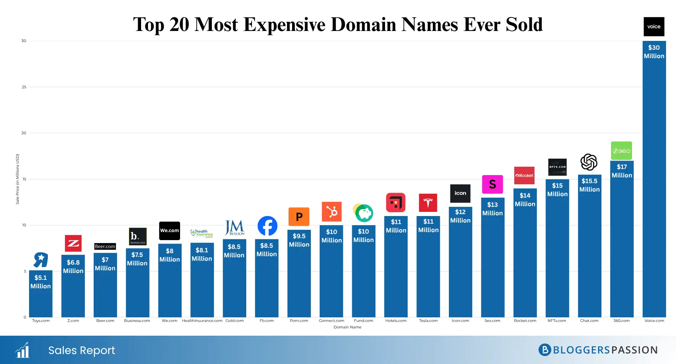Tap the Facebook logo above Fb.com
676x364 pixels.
pyautogui.click(x=267, y=226)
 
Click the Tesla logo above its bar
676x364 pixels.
pyautogui.click(x=428, y=203)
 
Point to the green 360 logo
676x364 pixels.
pyautogui.click(x=621, y=151)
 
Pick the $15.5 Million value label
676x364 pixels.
pyautogui.click(x=589, y=185)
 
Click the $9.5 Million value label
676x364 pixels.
pyautogui.click(x=299, y=240)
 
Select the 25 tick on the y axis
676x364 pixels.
pyautogui.click(x=24, y=87)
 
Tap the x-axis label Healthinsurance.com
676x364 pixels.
pyautogui.click(x=202, y=321)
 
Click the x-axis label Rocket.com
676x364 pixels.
pyautogui.click(x=525, y=321)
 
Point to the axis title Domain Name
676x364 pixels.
pyautogui.click(x=347, y=327)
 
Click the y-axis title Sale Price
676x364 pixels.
pyautogui.click(x=18, y=179)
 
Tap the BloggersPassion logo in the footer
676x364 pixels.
pyautogui.click(x=598, y=350)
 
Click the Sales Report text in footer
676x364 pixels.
pyautogui.click(x=81, y=350)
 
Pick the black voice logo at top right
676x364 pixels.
pyautogui.click(x=654, y=27)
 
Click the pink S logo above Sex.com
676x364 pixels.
pyautogui.click(x=492, y=184)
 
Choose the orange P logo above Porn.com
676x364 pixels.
pyautogui.click(x=299, y=217)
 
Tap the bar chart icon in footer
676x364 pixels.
pyautogui.click(x=23, y=350)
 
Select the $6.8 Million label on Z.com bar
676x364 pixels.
pyautogui.click(x=73, y=266)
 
